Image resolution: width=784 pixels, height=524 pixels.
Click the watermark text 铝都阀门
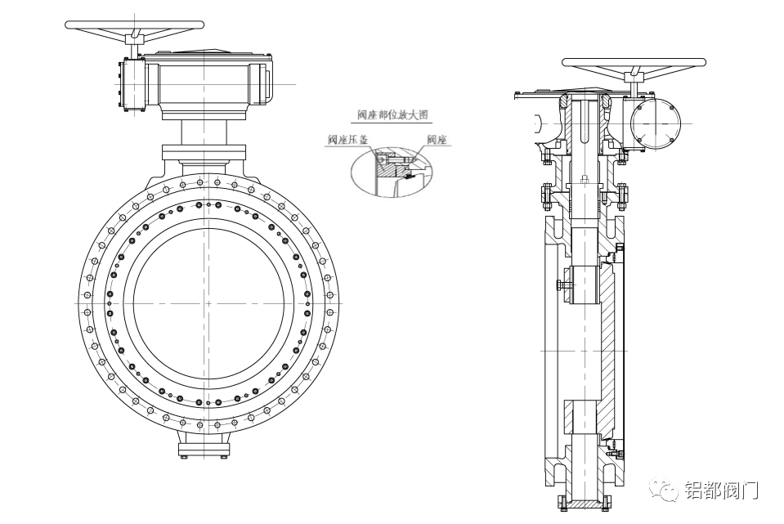pos(720,490)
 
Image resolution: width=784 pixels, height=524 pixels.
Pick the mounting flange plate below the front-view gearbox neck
pos(204,153)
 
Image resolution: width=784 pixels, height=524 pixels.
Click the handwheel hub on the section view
pos(634,78)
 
